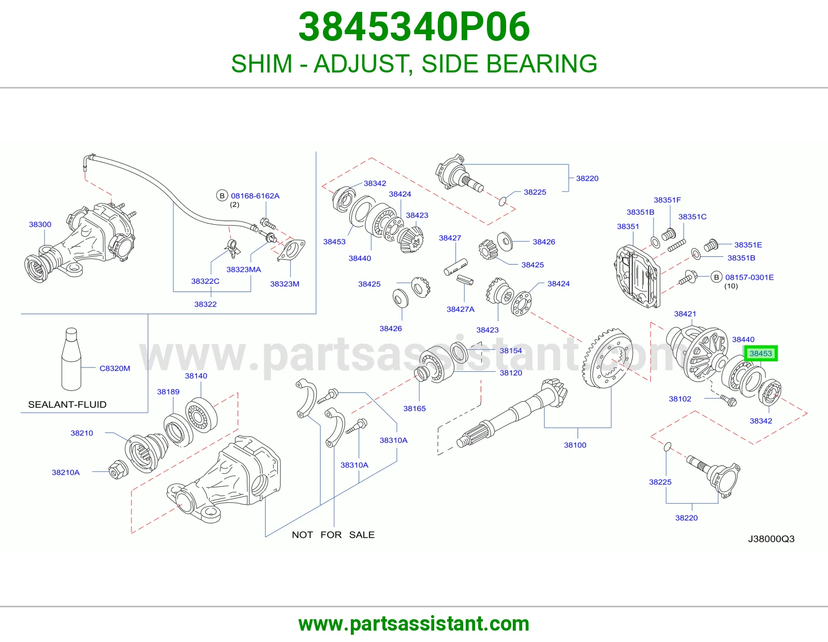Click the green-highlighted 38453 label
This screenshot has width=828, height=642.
761,354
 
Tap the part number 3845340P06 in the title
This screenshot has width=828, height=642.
414,27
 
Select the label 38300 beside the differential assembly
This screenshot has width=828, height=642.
40,225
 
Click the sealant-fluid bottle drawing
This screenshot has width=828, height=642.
71,359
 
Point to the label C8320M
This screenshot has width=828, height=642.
115,368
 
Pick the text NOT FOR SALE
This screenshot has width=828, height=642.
333,535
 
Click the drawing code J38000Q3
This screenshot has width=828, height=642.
771,539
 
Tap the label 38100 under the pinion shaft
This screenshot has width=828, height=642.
575,445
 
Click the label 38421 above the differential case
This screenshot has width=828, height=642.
685,314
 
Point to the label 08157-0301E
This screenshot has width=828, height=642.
749,277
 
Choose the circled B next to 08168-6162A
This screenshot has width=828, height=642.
222,196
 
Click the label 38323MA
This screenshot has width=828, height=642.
244,270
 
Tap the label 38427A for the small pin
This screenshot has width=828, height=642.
460,309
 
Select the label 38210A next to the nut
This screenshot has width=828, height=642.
66,472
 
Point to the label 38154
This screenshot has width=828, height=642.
511,351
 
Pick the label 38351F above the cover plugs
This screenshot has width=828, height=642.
667,200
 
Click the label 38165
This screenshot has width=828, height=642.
415,408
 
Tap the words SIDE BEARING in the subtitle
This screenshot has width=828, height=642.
509,64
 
